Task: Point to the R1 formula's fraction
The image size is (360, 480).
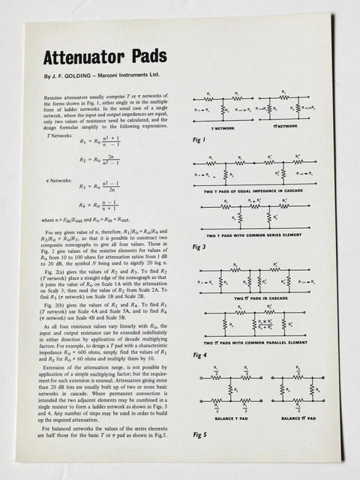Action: (115, 142)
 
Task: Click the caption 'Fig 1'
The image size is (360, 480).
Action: (198, 139)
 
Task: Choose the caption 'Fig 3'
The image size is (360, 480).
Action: (199, 247)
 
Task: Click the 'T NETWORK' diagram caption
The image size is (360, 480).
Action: (222, 127)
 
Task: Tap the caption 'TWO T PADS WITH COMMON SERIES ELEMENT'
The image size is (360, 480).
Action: (255, 236)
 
